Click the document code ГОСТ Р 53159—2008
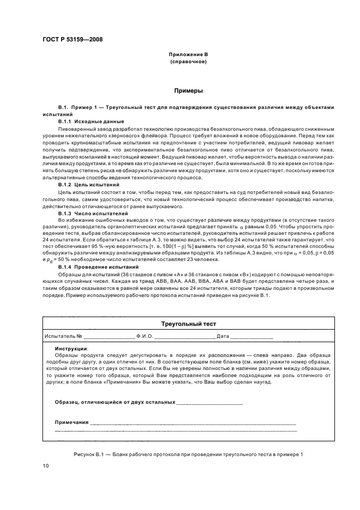tap(72, 39)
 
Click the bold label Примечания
tap(72, 422)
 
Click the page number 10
tap(46, 466)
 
